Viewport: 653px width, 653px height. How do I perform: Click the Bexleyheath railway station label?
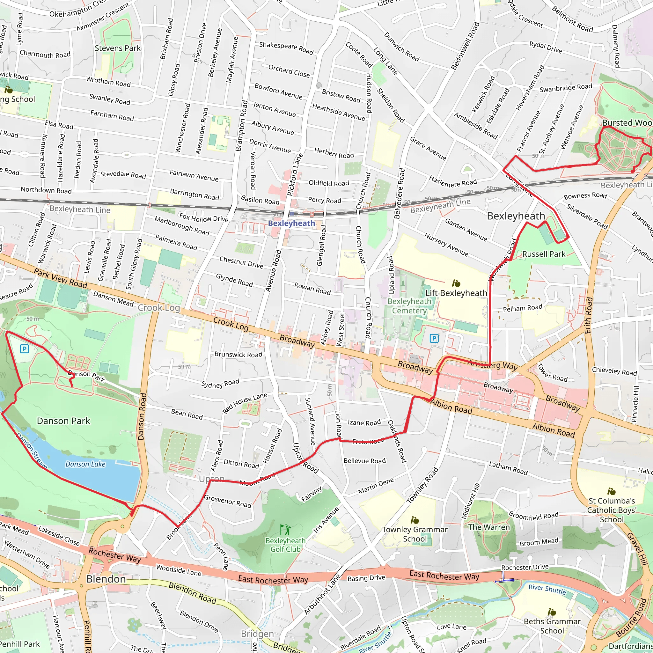(x=291, y=223)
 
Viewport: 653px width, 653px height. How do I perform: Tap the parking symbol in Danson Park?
(x=24, y=349)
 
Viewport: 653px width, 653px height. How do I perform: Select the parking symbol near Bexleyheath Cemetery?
(x=434, y=338)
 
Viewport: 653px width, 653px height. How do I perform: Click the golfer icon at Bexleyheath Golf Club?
(x=285, y=529)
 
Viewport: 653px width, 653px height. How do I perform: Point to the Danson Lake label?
(x=85, y=464)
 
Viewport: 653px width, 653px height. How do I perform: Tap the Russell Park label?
(x=544, y=254)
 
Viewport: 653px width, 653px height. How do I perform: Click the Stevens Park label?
(x=118, y=48)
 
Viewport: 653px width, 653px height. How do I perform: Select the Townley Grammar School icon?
(x=415, y=520)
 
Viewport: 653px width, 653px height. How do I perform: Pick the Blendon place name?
(x=106, y=579)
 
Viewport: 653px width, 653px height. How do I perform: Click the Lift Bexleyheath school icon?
(x=456, y=282)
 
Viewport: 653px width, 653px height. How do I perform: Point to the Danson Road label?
(x=142, y=416)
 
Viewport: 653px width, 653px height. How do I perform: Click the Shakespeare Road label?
(x=286, y=48)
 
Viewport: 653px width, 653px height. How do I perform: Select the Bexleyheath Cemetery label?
(x=409, y=306)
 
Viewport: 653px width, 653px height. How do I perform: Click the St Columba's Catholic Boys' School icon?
(x=611, y=491)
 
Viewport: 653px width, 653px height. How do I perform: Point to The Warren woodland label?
(x=489, y=527)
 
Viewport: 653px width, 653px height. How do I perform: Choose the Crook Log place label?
(x=159, y=308)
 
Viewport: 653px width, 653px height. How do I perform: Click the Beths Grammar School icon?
(x=552, y=612)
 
